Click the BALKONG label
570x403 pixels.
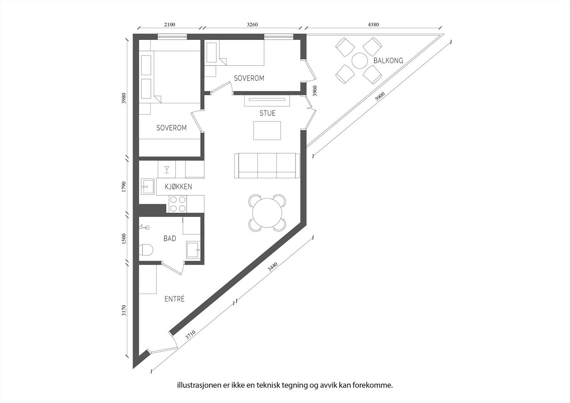click(x=388, y=61)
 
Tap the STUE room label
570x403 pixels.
click(x=267, y=113)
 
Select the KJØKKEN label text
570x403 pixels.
click(x=178, y=187)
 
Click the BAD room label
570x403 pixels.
click(x=170, y=239)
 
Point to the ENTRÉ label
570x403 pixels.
click(x=175, y=299)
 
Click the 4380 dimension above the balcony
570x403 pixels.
click(x=373, y=25)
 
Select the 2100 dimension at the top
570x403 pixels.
click(x=169, y=25)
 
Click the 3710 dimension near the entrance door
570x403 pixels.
click(x=190, y=335)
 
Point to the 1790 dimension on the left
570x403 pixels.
click(x=124, y=187)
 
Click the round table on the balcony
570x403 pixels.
click(x=359, y=61)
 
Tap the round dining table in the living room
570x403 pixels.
click(x=268, y=213)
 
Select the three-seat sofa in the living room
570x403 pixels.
click(x=267, y=166)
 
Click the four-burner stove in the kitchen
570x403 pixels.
click(x=177, y=204)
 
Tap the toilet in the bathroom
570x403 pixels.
click(x=146, y=250)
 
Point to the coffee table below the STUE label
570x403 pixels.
click(x=267, y=130)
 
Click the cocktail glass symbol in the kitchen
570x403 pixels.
click(x=167, y=169)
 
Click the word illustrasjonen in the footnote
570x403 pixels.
click(x=195, y=385)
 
